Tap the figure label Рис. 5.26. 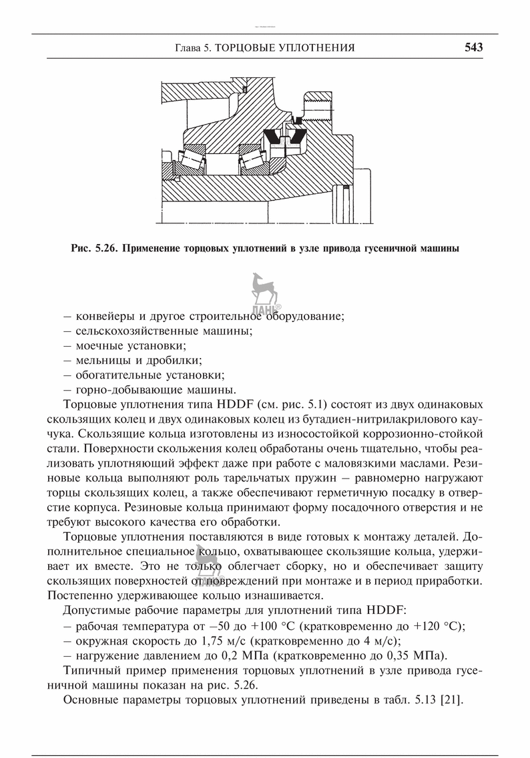[93, 249]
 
